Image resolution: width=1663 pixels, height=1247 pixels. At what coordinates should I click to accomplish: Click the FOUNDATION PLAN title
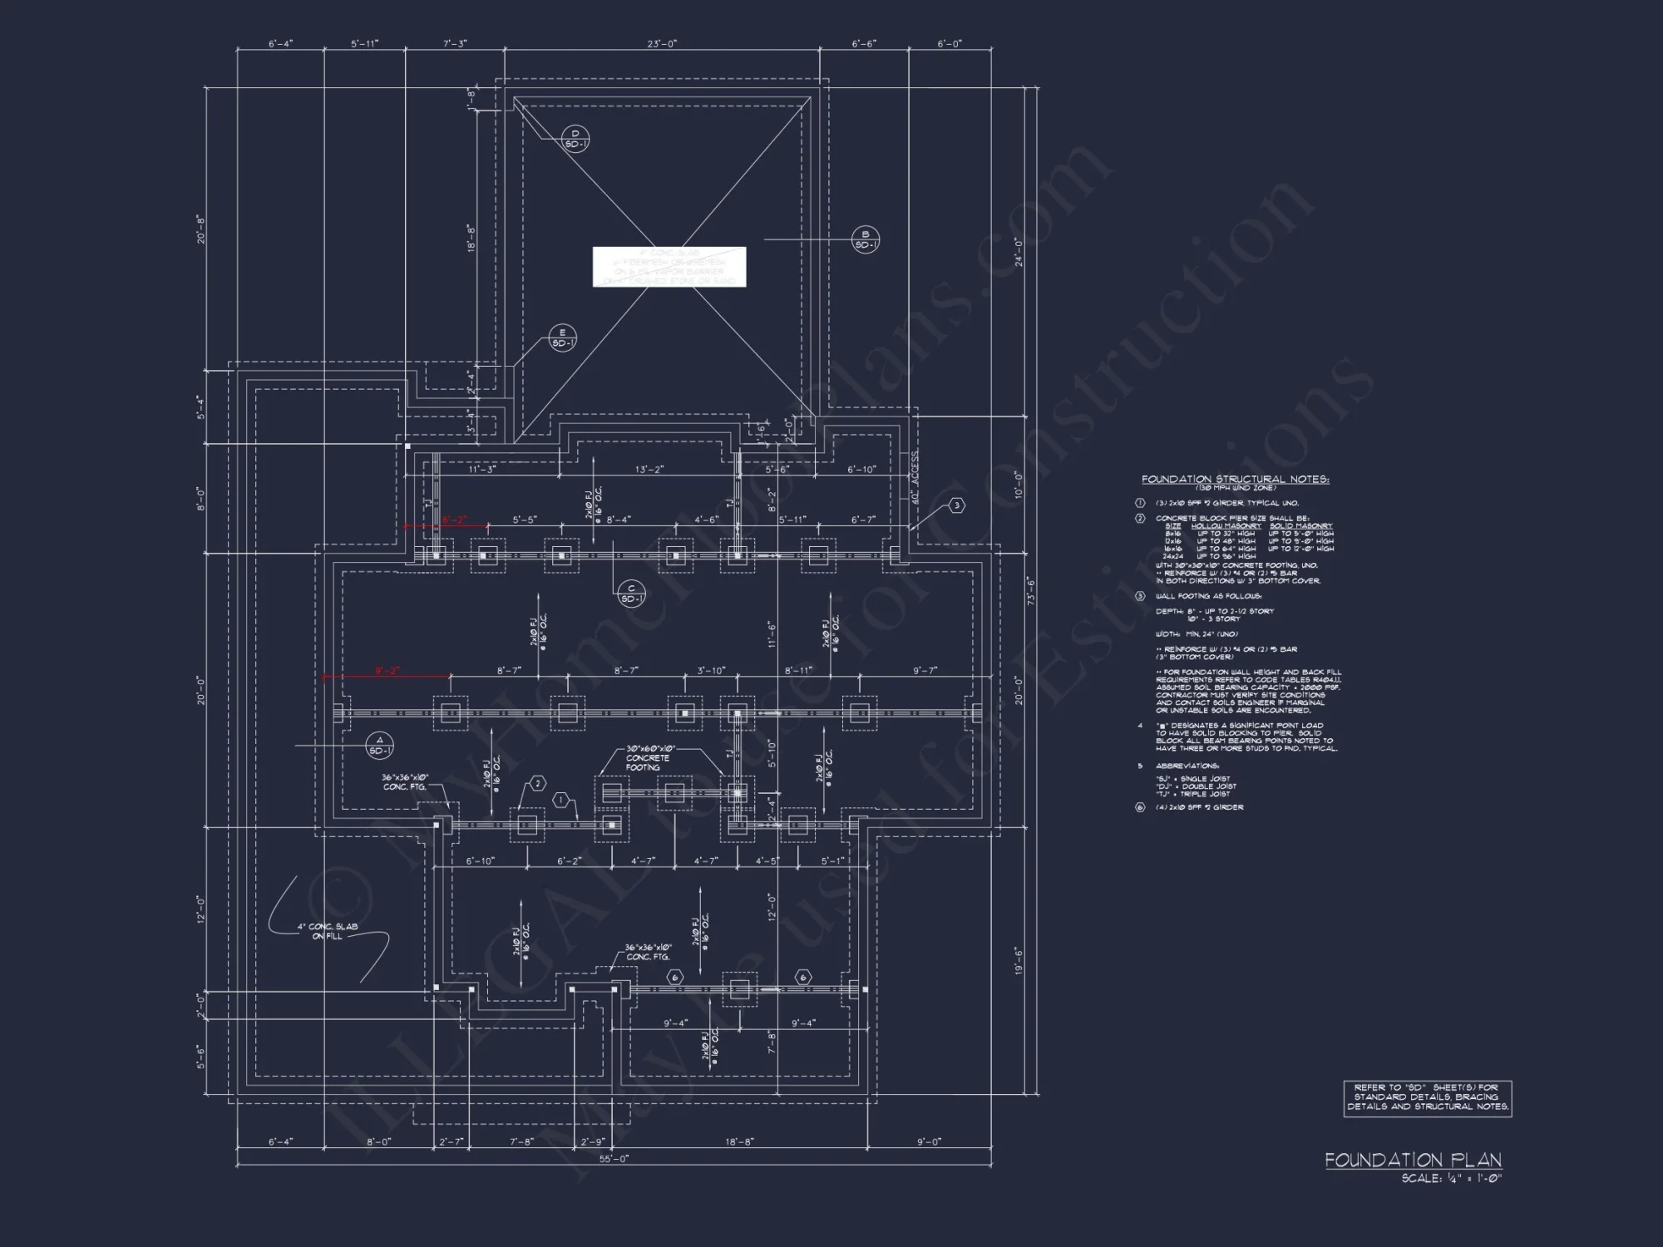click(1413, 1160)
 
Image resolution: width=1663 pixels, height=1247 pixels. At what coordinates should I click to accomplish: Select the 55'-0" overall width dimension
click(614, 1159)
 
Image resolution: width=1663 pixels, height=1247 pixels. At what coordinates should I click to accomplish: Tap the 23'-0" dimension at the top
click(663, 44)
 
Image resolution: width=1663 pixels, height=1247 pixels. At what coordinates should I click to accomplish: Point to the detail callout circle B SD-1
click(866, 240)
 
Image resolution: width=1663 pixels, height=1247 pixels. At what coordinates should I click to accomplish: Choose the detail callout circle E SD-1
click(563, 338)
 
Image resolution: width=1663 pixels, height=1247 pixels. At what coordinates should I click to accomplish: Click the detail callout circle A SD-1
click(380, 746)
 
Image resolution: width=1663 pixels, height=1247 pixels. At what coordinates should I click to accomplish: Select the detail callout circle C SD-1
click(631, 594)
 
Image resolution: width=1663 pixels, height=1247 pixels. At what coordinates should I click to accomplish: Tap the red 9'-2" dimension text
click(387, 670)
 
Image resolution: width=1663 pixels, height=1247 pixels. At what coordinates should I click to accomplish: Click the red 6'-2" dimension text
click(453, 520)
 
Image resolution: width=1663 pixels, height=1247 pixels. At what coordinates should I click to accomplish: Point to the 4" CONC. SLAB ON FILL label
click(328, 931)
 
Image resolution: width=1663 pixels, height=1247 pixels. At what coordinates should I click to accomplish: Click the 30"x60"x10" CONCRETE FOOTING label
click(648, 758)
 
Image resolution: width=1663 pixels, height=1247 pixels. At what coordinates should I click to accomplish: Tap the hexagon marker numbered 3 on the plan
click(957, 505)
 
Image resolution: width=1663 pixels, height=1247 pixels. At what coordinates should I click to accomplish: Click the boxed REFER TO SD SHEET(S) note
click(1427, 1097)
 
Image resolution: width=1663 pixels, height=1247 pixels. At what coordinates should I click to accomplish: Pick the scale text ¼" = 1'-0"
click(1451, 1179)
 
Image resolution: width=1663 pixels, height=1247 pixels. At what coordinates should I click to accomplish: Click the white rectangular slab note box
click(669, 267)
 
